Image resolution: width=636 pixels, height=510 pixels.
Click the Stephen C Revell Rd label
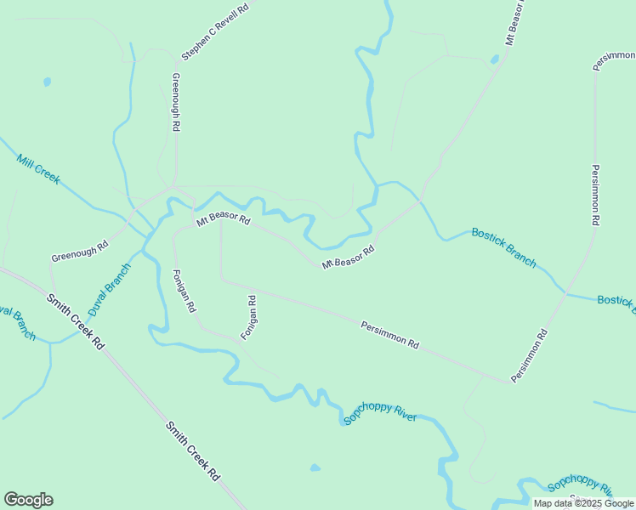pyautogui.click(x=214, y=31)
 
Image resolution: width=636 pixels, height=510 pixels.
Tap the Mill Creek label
pyautogui.click(x=38, y=168)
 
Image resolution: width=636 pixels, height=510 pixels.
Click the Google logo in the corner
pyautogui.click(x=28, y=500)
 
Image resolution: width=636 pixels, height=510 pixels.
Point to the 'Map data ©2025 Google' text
pyautogui.click(x=583, y=503)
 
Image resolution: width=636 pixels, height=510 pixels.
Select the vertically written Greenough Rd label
pyautogui.click(x=176, y=102)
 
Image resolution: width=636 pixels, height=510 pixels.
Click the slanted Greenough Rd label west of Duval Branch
pyautogui.click(x=79, y=251)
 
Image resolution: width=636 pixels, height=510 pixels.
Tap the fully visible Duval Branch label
pyautogui.click(x=110, y=290)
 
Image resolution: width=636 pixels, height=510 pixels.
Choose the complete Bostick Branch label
pyautogui.click(x=503, y=246)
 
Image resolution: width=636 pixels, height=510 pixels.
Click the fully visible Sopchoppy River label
pyautogui.click(x=380, y=414)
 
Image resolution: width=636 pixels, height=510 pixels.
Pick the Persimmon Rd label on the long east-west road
pyautogui.click(x=390, y=335)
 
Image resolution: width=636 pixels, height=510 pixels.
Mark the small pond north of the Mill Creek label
pyautogui.click(x=47, y=82)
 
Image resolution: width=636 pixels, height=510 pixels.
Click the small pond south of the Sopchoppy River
pyautogui.click(x=315, y=467)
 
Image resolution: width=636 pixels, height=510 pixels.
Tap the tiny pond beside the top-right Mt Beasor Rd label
pyautogui.click(x=495, y=59)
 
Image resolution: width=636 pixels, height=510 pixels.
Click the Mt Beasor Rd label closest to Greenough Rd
pyautogui.click(x=224, y=220)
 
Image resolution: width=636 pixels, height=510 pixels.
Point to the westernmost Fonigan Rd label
pyautogui.click(x=184, y=291)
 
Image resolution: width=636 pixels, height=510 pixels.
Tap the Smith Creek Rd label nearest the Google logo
pyautogui.click(x=192, y=451)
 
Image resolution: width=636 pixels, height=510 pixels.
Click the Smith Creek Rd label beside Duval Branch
pyautogui.click(x=75, y=322)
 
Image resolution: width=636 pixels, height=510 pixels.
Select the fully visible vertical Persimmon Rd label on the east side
pyautogui.click(x=596, y=194)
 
